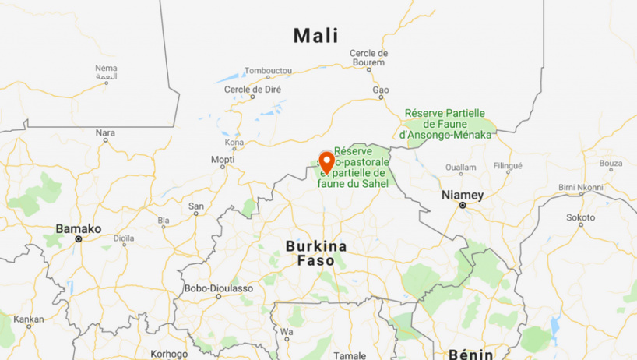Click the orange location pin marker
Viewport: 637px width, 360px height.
click(326, 163)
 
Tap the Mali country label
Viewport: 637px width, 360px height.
click(315, 35)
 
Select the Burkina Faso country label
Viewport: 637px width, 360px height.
click(315, 253)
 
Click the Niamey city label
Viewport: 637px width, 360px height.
click(462, 194)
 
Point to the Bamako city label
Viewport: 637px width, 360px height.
click(78, 228)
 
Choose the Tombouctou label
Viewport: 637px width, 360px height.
click(268, 71)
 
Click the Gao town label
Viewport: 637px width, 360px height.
click(380, 90)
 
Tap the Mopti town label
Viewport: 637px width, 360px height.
click(222, 160)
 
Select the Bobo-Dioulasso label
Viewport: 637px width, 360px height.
click(218, 288)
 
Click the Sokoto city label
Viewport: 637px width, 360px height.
click(581, 217)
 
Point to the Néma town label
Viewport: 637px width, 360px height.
click(106, 68)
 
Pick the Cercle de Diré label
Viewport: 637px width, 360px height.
click(252, 90)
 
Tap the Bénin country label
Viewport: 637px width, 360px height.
click(471, 354)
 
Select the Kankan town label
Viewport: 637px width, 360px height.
click(29, 319)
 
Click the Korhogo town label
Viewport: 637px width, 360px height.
click(169, 354)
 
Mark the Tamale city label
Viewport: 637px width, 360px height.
click(349, 355)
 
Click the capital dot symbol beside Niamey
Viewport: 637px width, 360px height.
click(462, 206)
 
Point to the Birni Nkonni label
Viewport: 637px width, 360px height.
click(581, 187)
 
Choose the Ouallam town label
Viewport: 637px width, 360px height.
click(460, 167)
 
